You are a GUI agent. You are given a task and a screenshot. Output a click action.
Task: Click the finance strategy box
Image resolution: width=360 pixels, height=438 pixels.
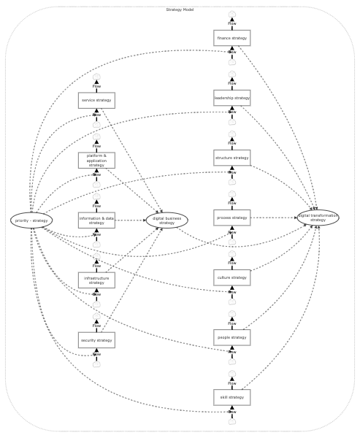pyautogui.click(x=231, y=38)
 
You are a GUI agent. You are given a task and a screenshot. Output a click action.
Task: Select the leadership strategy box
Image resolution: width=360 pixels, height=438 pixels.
pyautogui.click(x=231, y=98)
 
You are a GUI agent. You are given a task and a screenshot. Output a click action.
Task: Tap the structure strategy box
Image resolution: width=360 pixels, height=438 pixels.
pyautogui.click(x=231, y=158)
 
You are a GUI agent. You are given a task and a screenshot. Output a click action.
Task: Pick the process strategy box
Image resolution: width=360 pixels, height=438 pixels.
pyautogui.click(x=231, y=218)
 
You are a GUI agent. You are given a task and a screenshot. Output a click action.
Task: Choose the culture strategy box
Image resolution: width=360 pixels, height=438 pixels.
pyautogui.click(x=231, y=277)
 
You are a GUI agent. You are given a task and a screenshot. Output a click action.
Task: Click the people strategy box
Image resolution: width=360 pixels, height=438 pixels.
pyautogui.click(x=231, y=337)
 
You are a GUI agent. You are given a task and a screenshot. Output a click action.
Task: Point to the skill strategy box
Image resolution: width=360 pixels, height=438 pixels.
pyautogui.click(x=231, y=397)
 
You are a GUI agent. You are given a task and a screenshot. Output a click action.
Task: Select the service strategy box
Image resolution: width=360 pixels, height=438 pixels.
pyautogui.click(x=96, y=100)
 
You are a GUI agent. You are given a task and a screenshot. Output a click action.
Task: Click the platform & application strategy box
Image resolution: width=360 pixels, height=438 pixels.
pyautogui.click(x=96, y=161)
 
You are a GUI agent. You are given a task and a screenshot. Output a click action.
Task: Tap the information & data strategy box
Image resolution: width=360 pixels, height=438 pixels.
pyautogui.click(x=96, y=220)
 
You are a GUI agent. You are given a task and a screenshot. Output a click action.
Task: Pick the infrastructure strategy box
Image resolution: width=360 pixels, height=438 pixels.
pyautogui.click(x=96, y=280)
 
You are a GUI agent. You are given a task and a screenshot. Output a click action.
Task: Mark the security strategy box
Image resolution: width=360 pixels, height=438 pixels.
pyautogui.click(x=96, y=340)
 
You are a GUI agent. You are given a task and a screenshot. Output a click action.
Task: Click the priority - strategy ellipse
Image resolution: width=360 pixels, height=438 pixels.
pyautogui.click(x=31, y=220)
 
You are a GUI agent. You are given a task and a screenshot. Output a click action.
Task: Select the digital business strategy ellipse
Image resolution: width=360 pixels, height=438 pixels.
pyautogui.click(x=166, y=220)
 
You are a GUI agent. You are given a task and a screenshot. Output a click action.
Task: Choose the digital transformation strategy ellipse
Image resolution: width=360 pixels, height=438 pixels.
pyautogui.click(x=318, y=218)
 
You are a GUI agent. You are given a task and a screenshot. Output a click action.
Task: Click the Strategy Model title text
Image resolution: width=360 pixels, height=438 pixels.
pyautogui.click(x=180, y=9)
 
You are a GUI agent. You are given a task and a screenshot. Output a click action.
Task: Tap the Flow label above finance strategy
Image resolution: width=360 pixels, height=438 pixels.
pyautogui.click(x=231, y=23)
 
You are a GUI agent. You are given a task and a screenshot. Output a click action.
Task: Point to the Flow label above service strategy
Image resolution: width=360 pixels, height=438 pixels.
pyautogui.click(x=96, y=86)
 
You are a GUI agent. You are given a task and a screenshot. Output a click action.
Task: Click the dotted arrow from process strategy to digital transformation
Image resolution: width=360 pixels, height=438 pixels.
pyautogui.click(x=274, y=218)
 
